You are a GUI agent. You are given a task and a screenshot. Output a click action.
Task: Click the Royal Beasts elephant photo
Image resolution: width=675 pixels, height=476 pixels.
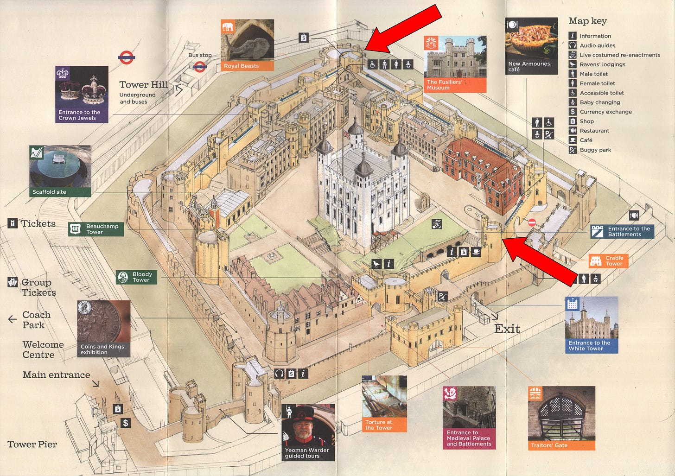point(247,41)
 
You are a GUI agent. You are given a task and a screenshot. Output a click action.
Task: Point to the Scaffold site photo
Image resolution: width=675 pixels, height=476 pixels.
point(60,167)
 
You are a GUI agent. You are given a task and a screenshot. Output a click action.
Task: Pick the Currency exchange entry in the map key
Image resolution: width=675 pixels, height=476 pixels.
point(605,112)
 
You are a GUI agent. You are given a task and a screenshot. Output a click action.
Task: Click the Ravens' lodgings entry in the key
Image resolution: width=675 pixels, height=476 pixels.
point(602,64)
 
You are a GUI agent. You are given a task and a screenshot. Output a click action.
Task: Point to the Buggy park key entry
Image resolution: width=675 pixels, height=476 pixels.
point(595,150)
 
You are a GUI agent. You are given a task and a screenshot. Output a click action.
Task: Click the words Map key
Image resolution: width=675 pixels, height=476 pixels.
point(587,21)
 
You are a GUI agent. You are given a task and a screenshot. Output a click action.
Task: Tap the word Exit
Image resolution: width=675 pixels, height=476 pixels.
point(507,329)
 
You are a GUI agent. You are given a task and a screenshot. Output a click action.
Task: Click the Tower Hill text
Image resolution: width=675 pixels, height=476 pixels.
point(144,84)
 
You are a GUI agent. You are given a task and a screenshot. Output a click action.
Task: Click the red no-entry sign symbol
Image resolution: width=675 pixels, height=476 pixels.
point(532,222)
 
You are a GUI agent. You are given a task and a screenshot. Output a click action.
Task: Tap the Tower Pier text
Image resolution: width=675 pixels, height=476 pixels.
point(32,444)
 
